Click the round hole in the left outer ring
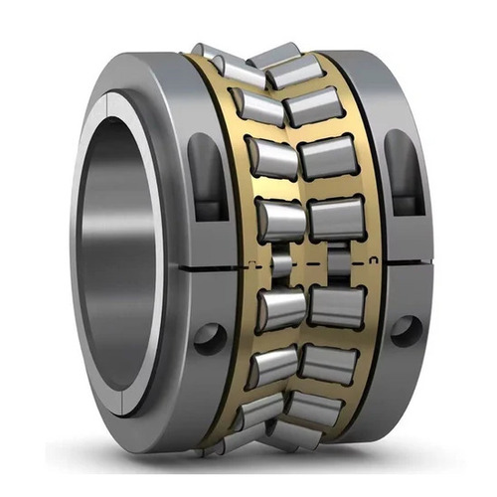tap(210, 337)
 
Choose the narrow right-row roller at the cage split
tap(338, 264)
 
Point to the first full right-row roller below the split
tap(337, 308)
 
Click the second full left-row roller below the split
tap(274, 366)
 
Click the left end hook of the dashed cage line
tap(246, 263)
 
